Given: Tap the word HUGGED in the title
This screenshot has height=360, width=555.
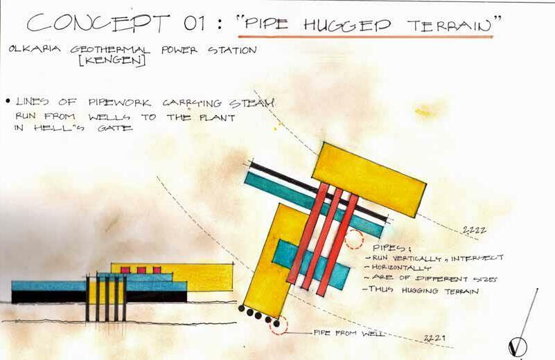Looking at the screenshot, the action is click(351, 25).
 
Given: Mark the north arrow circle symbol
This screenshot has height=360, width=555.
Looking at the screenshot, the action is click(518, 345).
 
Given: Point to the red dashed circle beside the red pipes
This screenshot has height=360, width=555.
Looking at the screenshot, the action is click(353, 239).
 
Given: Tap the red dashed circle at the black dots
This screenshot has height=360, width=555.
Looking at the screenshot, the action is click(278, 324).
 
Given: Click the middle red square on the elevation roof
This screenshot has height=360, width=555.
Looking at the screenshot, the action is click(141, 269).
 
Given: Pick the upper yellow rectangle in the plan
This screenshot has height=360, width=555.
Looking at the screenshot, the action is click(369, 179).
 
